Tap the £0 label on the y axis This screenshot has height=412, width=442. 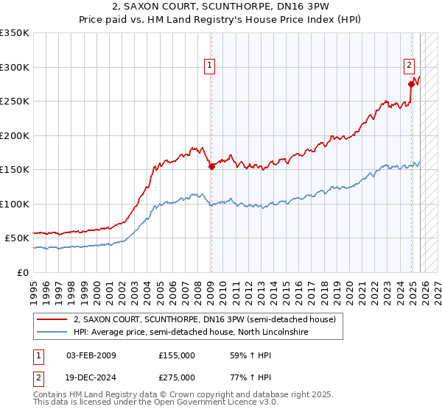24,272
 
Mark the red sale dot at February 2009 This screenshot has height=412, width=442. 211,166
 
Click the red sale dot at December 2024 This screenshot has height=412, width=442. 411,84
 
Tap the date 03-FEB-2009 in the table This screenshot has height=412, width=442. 91,355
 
